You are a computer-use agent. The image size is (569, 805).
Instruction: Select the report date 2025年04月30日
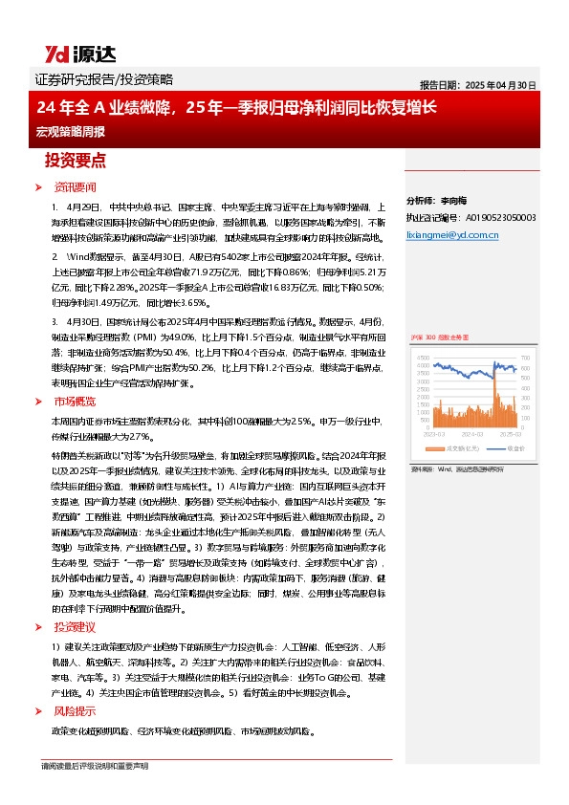(x=478, y=84)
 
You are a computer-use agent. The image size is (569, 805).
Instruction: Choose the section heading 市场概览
(x=76, y=402)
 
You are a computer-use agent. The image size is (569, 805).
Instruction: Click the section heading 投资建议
(x=76, y=627)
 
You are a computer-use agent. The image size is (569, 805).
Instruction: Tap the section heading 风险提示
(x=76, y=711)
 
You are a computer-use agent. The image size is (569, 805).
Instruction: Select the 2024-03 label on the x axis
(x=472, y=433)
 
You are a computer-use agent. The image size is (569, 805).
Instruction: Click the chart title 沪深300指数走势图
(x=438, y=338)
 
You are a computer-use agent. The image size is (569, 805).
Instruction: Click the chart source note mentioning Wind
(x=455, y=470)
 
